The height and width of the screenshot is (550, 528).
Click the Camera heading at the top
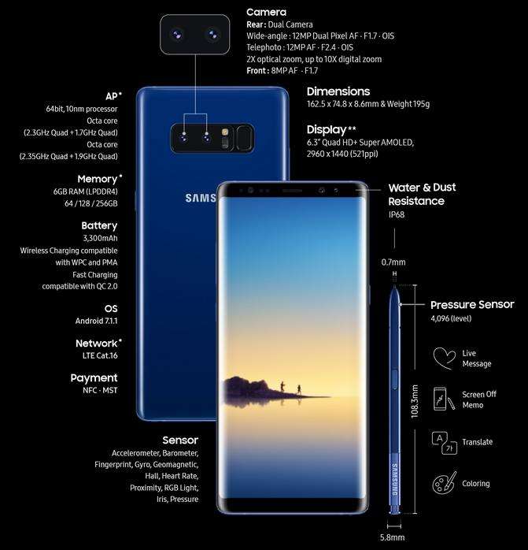[266, 13]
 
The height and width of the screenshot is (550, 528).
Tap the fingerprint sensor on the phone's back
[244, 138]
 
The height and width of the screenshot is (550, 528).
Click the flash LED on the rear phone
[225, 132]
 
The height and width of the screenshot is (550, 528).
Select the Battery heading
[99, 225]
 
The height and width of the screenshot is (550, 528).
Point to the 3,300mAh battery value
[100, 238]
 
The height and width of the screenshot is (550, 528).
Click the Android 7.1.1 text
[96, 321]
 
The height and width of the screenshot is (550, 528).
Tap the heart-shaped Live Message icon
[445, 359]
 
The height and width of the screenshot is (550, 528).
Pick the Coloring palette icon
[445, 483]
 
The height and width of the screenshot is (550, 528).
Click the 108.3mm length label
[415, 402]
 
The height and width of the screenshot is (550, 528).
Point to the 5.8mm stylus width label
[393, 537]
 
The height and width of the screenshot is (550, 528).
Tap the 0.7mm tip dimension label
[393, 262]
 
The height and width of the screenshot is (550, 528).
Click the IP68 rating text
[397, 214]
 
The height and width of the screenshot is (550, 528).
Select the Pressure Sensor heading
[472, 304]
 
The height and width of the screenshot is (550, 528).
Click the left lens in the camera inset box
[177, 35]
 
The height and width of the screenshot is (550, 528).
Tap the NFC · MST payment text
[100, 390]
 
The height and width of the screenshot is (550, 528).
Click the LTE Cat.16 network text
[100, 355]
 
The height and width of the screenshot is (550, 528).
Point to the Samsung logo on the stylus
[394, 480]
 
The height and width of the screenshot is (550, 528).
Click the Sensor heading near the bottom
[180, 440]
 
